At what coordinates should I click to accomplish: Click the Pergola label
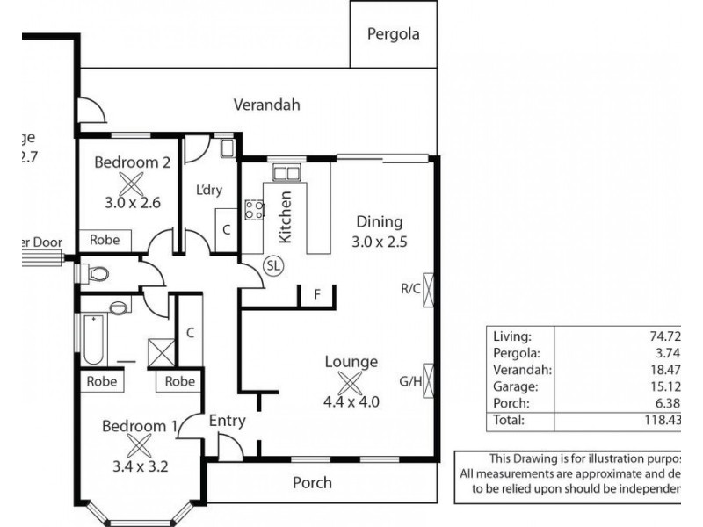[x=394, y=35]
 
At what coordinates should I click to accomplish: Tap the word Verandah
[x=266, y=105]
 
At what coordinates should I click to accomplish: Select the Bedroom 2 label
[x=131, y=162]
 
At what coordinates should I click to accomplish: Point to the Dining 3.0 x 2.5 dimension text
[x=379, y=241]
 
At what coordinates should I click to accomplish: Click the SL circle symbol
[x=273, y=264]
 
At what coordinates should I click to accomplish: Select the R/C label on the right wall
[x=409, y=287]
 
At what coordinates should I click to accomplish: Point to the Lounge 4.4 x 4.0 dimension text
[x=351, y=403]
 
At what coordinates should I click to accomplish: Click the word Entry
[x=226, y=421]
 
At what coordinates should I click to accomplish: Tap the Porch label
[x=312, y=482]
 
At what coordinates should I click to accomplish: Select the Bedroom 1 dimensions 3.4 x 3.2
[x=134, y=466]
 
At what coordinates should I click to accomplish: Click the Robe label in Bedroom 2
[x=105, y=240]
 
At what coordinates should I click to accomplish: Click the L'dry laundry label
[x=207, y=191]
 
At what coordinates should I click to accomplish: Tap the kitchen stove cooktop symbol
[x=253, y=209]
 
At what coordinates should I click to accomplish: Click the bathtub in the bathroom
[x=92, y=340]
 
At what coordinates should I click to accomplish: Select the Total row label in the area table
[x=510, y=421]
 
